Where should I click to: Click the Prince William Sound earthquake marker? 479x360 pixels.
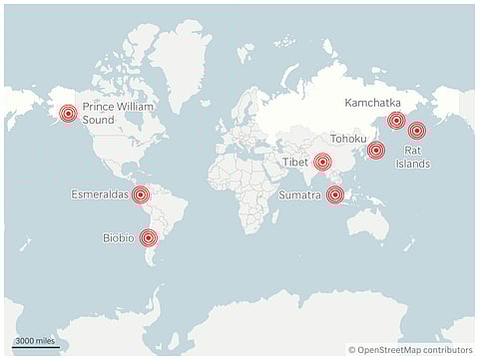(68, 114)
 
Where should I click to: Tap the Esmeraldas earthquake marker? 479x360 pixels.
(141, 194)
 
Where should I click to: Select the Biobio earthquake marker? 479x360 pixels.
(149, 237)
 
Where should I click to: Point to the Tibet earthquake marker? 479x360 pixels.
(322, 162)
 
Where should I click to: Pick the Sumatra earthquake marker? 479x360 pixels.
(335, 195)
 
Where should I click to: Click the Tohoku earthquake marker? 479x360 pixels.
(375, 151)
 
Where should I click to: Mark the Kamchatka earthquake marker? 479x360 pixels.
(396, 121)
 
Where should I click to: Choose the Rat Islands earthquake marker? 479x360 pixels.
(416, 130)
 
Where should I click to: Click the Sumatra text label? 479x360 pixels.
(300, 195)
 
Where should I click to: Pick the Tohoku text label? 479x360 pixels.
(349, 139)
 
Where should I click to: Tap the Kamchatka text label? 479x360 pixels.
(371, 103)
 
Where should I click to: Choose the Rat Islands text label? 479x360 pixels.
(412, 157)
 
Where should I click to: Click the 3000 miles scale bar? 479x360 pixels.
(35, 343)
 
